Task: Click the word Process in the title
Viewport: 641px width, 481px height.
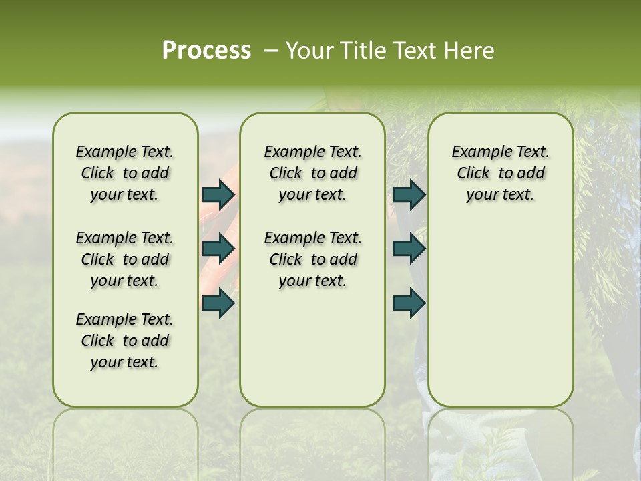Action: [206, 51]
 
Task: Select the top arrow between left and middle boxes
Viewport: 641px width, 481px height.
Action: [218, 194]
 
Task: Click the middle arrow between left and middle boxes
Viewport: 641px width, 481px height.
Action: [218, 249]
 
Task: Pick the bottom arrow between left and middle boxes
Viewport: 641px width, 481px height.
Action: [218, 303]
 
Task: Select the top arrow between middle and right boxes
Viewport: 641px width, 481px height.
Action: [409, 194]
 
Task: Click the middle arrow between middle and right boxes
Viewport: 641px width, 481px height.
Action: [409, 249]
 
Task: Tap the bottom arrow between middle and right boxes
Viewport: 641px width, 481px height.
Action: [409, 303]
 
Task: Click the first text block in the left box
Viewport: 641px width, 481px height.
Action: [125, 173]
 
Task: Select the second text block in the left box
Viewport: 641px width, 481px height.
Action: [125, 259]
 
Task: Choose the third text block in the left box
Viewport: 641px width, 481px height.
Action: [125, 341]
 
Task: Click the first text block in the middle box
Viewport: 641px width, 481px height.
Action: [312, 173]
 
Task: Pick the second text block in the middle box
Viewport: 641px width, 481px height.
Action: [312, 259]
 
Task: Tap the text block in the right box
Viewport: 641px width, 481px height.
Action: [500, 173]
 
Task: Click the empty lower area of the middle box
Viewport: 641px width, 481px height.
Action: [312, 347]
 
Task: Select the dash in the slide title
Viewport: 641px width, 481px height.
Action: [270, 51]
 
